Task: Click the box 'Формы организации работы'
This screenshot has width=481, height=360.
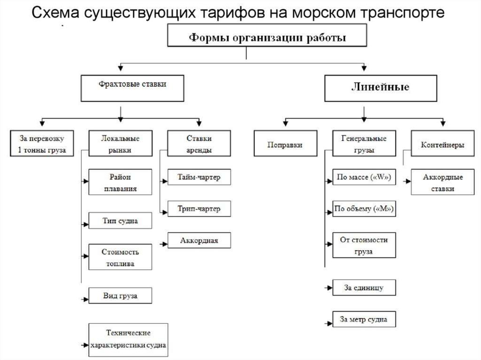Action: pyautogui.click(x=267, y=35)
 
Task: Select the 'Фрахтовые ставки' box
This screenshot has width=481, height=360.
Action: pyautogui.click(x=132, y=88)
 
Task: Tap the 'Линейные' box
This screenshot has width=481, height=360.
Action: pyautogui.click(x=380, y=88)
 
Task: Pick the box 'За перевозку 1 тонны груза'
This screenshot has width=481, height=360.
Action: pyautogui.click(x=42, y=143)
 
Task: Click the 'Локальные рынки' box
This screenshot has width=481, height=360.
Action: pyautogui.click(x=120, y=143)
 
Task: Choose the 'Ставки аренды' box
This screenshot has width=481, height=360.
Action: pyautogui.click(x=199, y=143)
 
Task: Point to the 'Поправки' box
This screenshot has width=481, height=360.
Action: pyautogui.click(x=285, y=143)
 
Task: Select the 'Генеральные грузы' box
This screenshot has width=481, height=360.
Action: pyautogui.click(x=364, y=143)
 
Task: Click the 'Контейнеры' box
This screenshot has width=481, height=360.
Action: pyautogui.click(x=442, y=143)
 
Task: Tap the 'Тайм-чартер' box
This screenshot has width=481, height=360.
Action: pyautogui.click(x=199, y=177)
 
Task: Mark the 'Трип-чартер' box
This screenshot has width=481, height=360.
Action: pyautogui.click(x=199, y=208)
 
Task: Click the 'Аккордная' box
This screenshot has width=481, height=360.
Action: pyautogui.click(x=199, y=240)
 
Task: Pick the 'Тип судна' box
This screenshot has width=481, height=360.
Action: pyautogui.click(x=120, y=221)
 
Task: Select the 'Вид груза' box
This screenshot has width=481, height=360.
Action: pyautogui.click(x=120, y=296)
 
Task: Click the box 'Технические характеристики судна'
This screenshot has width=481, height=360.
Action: pyautogui.click(x=128, y=340)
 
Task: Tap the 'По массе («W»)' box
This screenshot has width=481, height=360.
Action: pyautogui.click(x=364, y=177)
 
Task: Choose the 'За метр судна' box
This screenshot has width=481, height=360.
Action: pyautogui.click(x=364, y=319)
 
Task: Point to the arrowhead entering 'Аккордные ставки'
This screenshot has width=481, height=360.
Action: pyautogui.click(x=408, y=181)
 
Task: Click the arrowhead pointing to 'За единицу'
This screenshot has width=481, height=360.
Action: pyautogui.click(x=329, y=288)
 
